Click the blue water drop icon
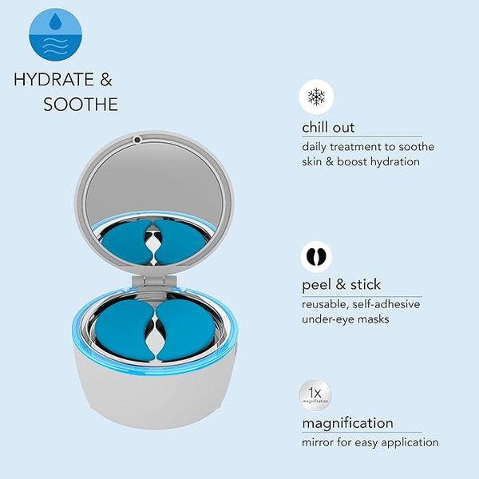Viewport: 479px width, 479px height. [x=55, y=34]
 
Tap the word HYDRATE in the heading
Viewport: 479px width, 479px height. [x=53, y=79]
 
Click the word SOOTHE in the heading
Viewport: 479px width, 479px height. [x=81, y=105]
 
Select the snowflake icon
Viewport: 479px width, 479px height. [x=316, y=97]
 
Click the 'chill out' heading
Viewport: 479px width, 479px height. [x=328, y=127]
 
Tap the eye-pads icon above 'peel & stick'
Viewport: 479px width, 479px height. [x=316, y=256]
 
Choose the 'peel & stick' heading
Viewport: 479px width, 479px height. [x=341, y=285]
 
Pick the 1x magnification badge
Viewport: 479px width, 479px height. [x=315, y=395]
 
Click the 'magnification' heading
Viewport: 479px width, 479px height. [x=347, y=423]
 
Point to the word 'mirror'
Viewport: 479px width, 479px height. [x=318, y=442]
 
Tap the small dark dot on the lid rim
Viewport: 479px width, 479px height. [x=137, y=140]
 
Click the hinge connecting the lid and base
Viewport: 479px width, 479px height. [x=154, y=283]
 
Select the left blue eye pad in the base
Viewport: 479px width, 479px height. [x=124, y=330]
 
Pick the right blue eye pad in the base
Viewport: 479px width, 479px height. [x=186, y=330]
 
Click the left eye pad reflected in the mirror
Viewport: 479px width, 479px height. [x=128, y=242]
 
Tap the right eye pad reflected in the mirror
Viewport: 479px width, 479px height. [x=180, y=242]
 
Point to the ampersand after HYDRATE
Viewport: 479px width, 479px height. [x=105, y=79]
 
